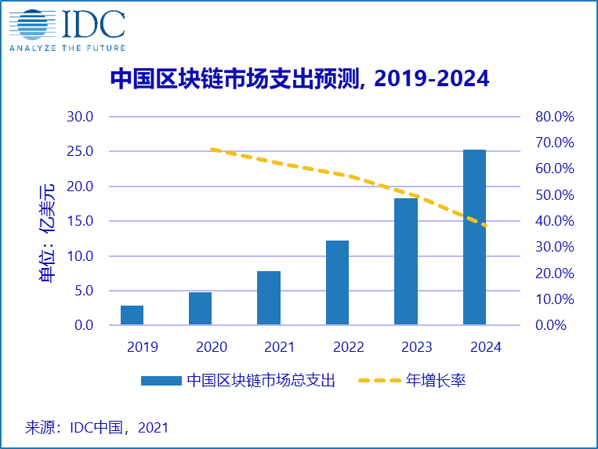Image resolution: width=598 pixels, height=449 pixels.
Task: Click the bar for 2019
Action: pyautogui.click(x=132, y=315)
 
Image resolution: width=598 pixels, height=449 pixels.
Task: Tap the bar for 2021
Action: pyautogui.click(x=269, y=298)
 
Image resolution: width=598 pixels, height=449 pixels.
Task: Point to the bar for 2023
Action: pyautogui.click(x=406, y=262)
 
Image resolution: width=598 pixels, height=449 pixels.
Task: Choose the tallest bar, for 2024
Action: pyautogui.click(x=474, y=237)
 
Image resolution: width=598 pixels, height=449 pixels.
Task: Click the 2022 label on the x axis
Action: pyautogui.click(x=337, y=346)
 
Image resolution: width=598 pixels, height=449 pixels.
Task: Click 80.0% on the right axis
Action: pyautogui.click(x=555, y=117)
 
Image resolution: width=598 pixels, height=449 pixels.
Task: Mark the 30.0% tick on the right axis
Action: pyautogui.click(x=555, y=247)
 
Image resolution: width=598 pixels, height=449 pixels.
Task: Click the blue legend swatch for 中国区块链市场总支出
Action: pyautogui.click(x=161, y=381)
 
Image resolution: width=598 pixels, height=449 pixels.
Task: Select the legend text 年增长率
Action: pyautogui.click(x=436, y=381)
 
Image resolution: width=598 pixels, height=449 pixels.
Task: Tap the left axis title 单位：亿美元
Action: pyautogui.click(x=48, y=233)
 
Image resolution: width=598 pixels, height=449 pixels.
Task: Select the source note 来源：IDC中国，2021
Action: pyautogui.click(x=97, y=428)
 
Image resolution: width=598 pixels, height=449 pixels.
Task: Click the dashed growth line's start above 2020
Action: pyautogui.click(x=212, y=149)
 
